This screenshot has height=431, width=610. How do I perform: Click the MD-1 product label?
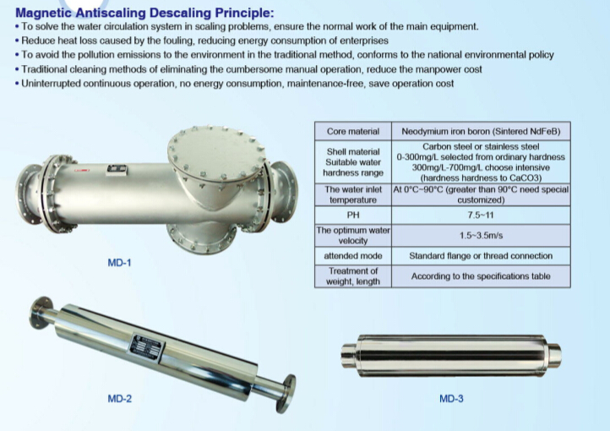coord(119,264)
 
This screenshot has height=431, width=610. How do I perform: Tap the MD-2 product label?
coord(119,397)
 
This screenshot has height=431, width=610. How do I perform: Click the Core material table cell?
coord(353,132)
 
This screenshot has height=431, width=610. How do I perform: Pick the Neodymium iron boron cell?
coord(481,132)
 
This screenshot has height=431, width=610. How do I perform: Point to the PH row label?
coord(353,215)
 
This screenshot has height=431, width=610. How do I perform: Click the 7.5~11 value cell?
coord(481,215)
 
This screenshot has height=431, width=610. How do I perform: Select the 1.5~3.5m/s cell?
coord(481,235)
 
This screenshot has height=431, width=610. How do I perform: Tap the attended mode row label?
coord(353,255)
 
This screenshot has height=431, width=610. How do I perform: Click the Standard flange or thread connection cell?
coord(481,255)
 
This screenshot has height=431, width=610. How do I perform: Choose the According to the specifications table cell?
coord(481,276)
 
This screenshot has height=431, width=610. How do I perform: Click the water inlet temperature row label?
coord(353,195)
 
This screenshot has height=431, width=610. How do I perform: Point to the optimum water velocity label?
coord(353,235)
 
